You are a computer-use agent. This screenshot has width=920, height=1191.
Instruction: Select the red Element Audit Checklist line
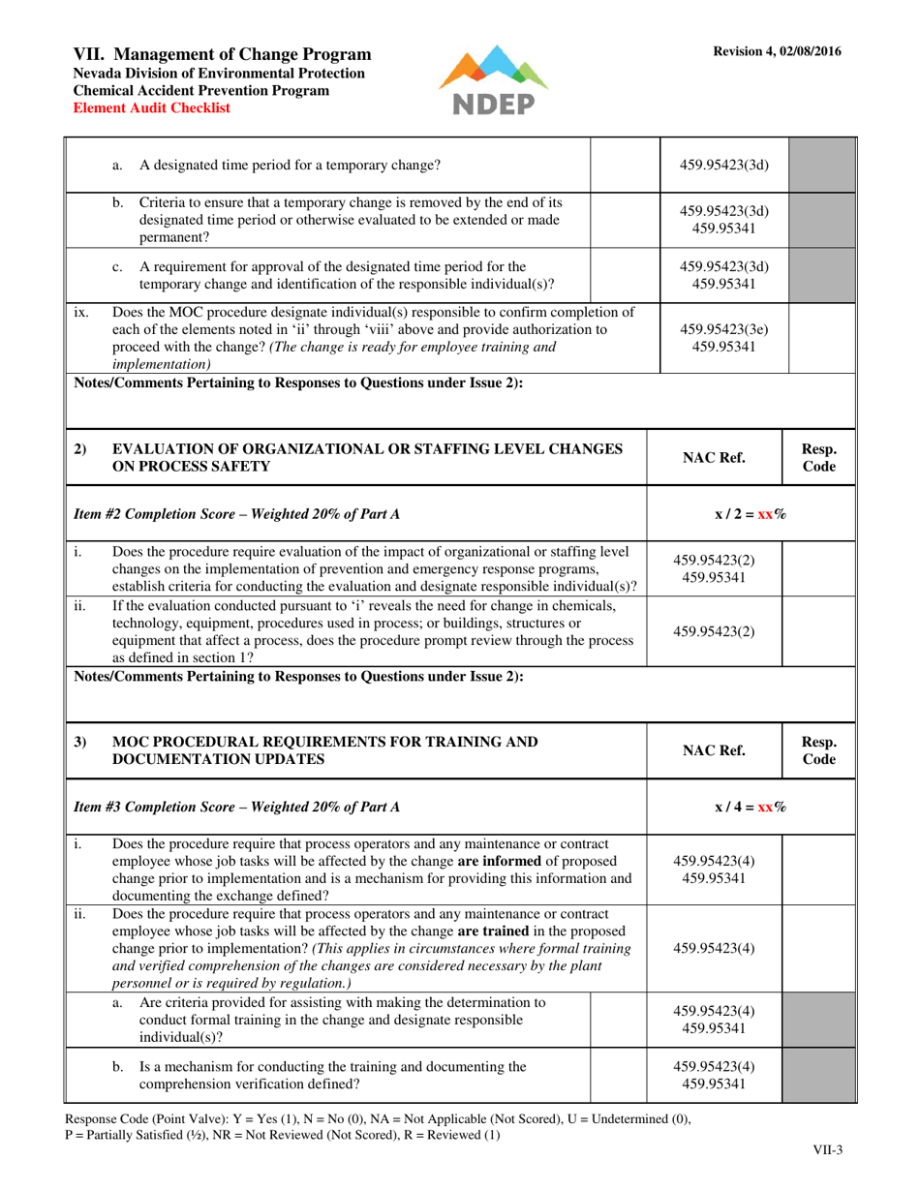[x=152, y=108]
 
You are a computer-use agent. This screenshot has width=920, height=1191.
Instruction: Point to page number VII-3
[x=827, y=1150]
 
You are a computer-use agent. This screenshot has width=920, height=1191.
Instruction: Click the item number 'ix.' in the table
[x=82, y=313]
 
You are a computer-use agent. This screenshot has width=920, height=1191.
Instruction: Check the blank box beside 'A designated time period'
[x=619, y=164]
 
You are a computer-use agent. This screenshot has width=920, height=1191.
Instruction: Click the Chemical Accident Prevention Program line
[x=201, y=90]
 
